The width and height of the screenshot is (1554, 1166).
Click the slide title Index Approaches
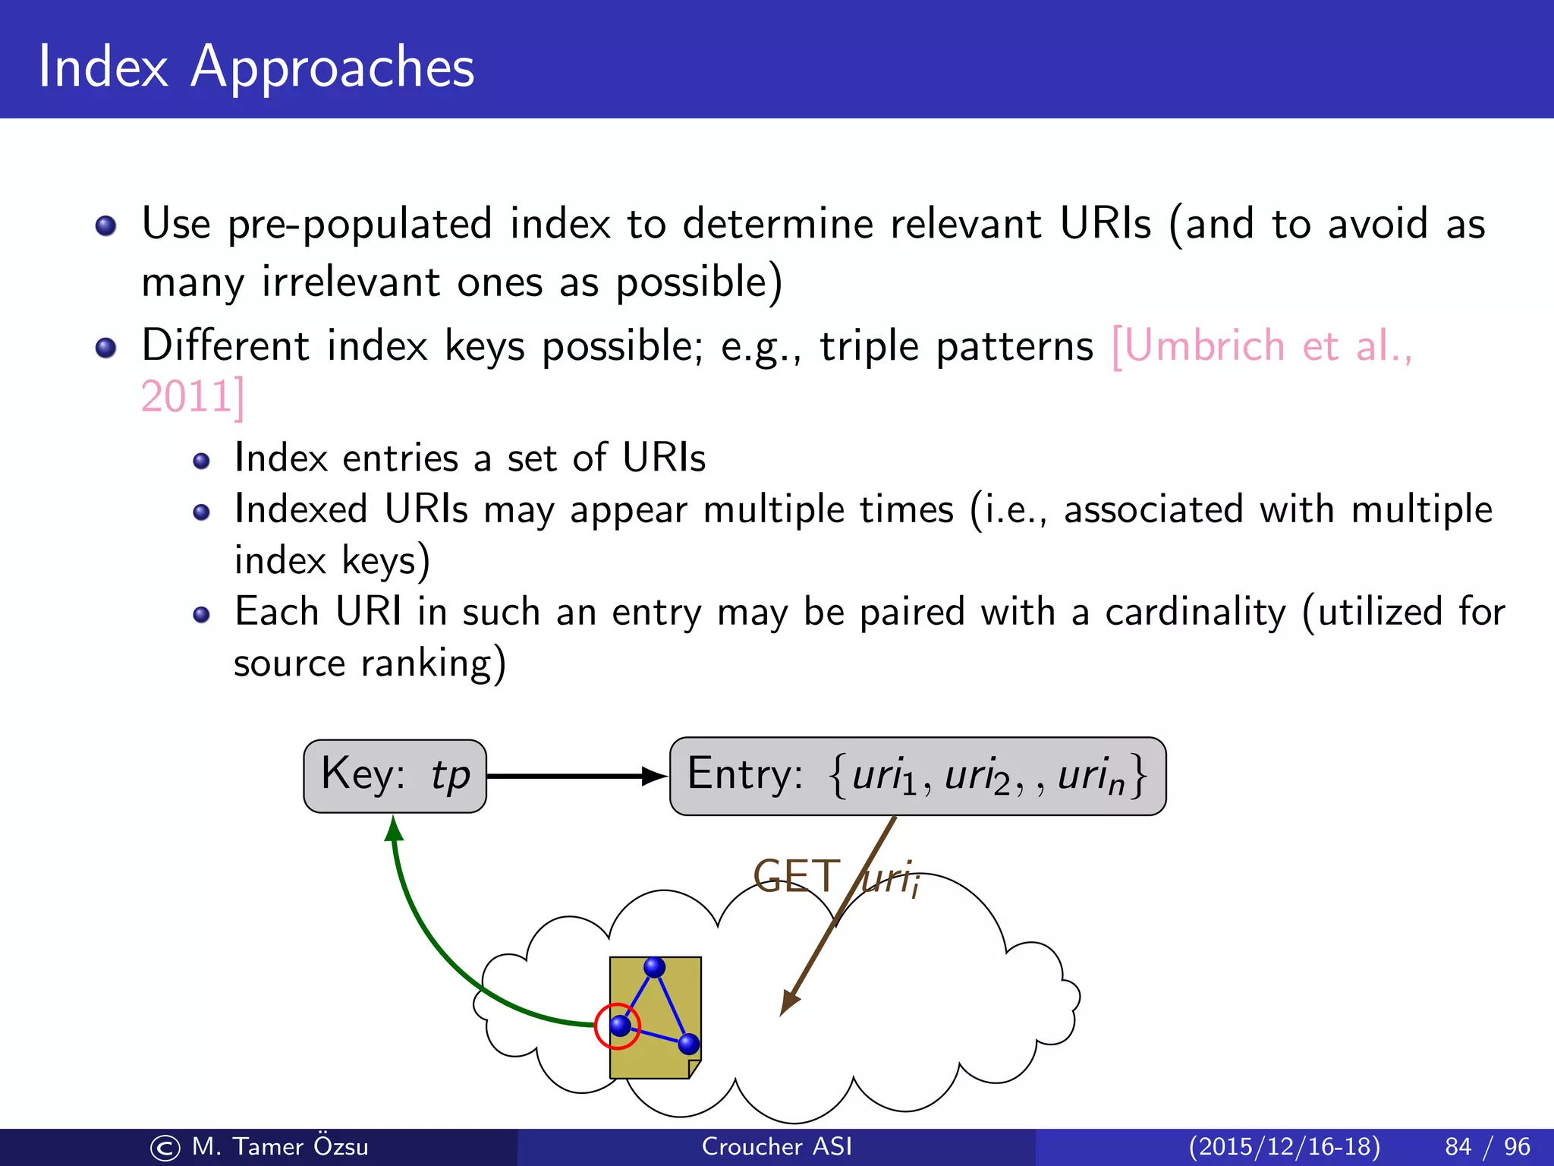256,67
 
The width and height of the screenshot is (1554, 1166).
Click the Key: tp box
395,776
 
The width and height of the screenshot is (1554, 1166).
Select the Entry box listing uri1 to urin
917,776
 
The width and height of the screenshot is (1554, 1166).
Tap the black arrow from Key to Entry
577,776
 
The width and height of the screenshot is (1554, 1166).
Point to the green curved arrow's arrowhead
393,829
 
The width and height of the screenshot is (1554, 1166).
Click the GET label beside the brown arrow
797,877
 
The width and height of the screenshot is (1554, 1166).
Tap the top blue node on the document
654,967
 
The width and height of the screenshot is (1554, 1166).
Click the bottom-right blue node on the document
688,1044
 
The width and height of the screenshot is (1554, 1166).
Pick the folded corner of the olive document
694,1069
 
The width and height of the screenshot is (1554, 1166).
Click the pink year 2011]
193,397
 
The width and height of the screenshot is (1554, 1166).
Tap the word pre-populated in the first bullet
360,225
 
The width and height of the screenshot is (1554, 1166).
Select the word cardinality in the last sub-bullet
1195,612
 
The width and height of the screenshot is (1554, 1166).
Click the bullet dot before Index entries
201,461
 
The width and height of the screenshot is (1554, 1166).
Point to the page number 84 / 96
1487,1146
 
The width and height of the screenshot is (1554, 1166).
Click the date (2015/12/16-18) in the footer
1284,1146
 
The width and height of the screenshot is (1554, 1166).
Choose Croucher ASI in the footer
776,1146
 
